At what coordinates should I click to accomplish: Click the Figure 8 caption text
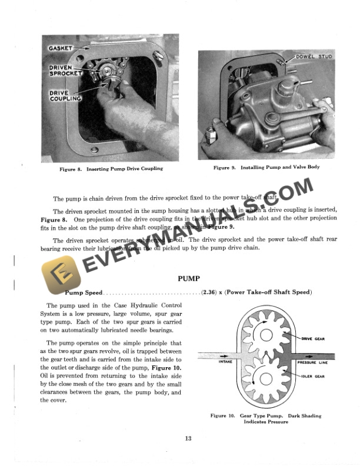click(111, 169)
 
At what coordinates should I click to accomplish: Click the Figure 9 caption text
click(266, 168)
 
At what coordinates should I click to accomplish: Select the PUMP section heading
click(188, 278)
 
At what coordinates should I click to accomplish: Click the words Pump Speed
click(83, 292)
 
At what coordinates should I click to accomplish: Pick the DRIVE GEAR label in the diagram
click(313, 339)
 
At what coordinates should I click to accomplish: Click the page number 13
click(188, 437)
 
